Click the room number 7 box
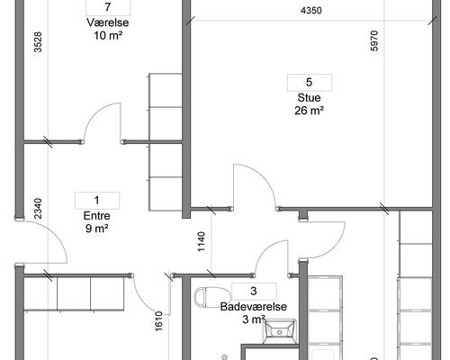[x=108, y=7]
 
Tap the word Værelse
[x=108, y=22]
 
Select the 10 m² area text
[x=108, y=36]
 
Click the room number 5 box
[x=310, y=83]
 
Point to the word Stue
[x=309, y=98]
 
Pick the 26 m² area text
[x=309, y=111]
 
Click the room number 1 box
[x=97, y=201]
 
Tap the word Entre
[x=96, y=216]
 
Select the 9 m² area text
[x=96, y=229]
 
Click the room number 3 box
[x=254, y=291]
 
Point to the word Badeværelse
[x=254, y=307]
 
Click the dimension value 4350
[x=311, y=11]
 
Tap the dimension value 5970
[x=374, y=40]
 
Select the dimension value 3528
[x=38, y=42]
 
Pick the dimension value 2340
[x=38, y=209]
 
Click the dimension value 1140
[x=202, y=241]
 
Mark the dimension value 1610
[x=158, y=321]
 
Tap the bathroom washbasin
[x=280, y=331]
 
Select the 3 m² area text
[x=254, y=319]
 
